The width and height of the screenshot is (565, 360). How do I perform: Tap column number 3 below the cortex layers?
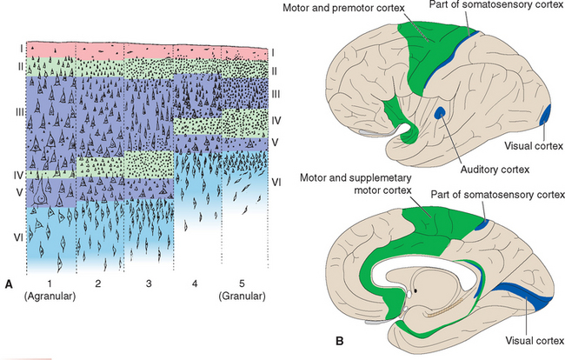tap(148, 283)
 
